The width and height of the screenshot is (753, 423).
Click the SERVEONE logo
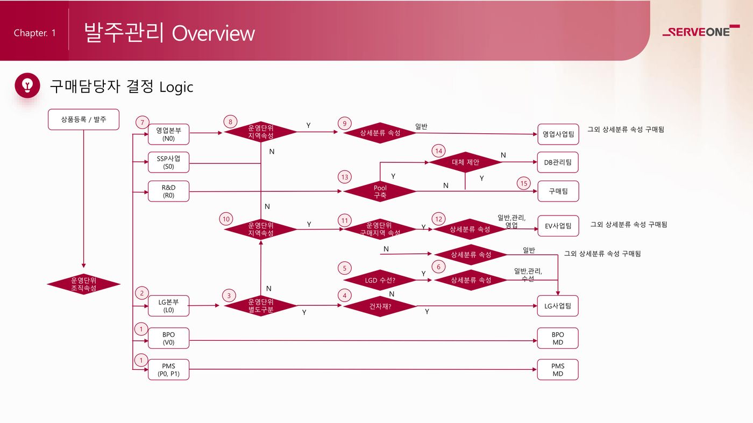click(701, 31)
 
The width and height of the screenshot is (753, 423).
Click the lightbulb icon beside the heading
click(27, 85)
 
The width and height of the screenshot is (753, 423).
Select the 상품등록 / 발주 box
click(83, 119)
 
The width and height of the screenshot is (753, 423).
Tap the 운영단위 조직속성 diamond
click(83, 284)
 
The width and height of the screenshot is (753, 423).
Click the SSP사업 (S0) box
click(168, 162)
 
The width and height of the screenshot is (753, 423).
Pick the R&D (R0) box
click(168, 191)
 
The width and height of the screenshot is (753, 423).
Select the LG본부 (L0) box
click(168, 306)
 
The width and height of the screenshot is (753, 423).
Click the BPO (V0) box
click(168, 338)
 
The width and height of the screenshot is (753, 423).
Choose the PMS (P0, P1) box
click(168, 370)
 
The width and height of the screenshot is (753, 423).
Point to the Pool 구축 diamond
click(380, 191)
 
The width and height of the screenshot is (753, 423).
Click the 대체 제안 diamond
click(465, 162)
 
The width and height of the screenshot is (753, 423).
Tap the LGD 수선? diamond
click(380, 280)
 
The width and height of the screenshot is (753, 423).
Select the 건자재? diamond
click(380, 306)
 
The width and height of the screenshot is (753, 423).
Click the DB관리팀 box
click(558, 162)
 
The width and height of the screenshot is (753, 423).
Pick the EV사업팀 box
click(558, 226)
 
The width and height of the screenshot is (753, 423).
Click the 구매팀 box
click(558, 191)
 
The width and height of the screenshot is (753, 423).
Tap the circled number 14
click(439, 151)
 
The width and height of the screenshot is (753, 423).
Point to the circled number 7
click(143, 123)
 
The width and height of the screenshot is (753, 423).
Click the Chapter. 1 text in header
click(34, 33)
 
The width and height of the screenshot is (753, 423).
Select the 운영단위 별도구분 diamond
click(260, 306)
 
